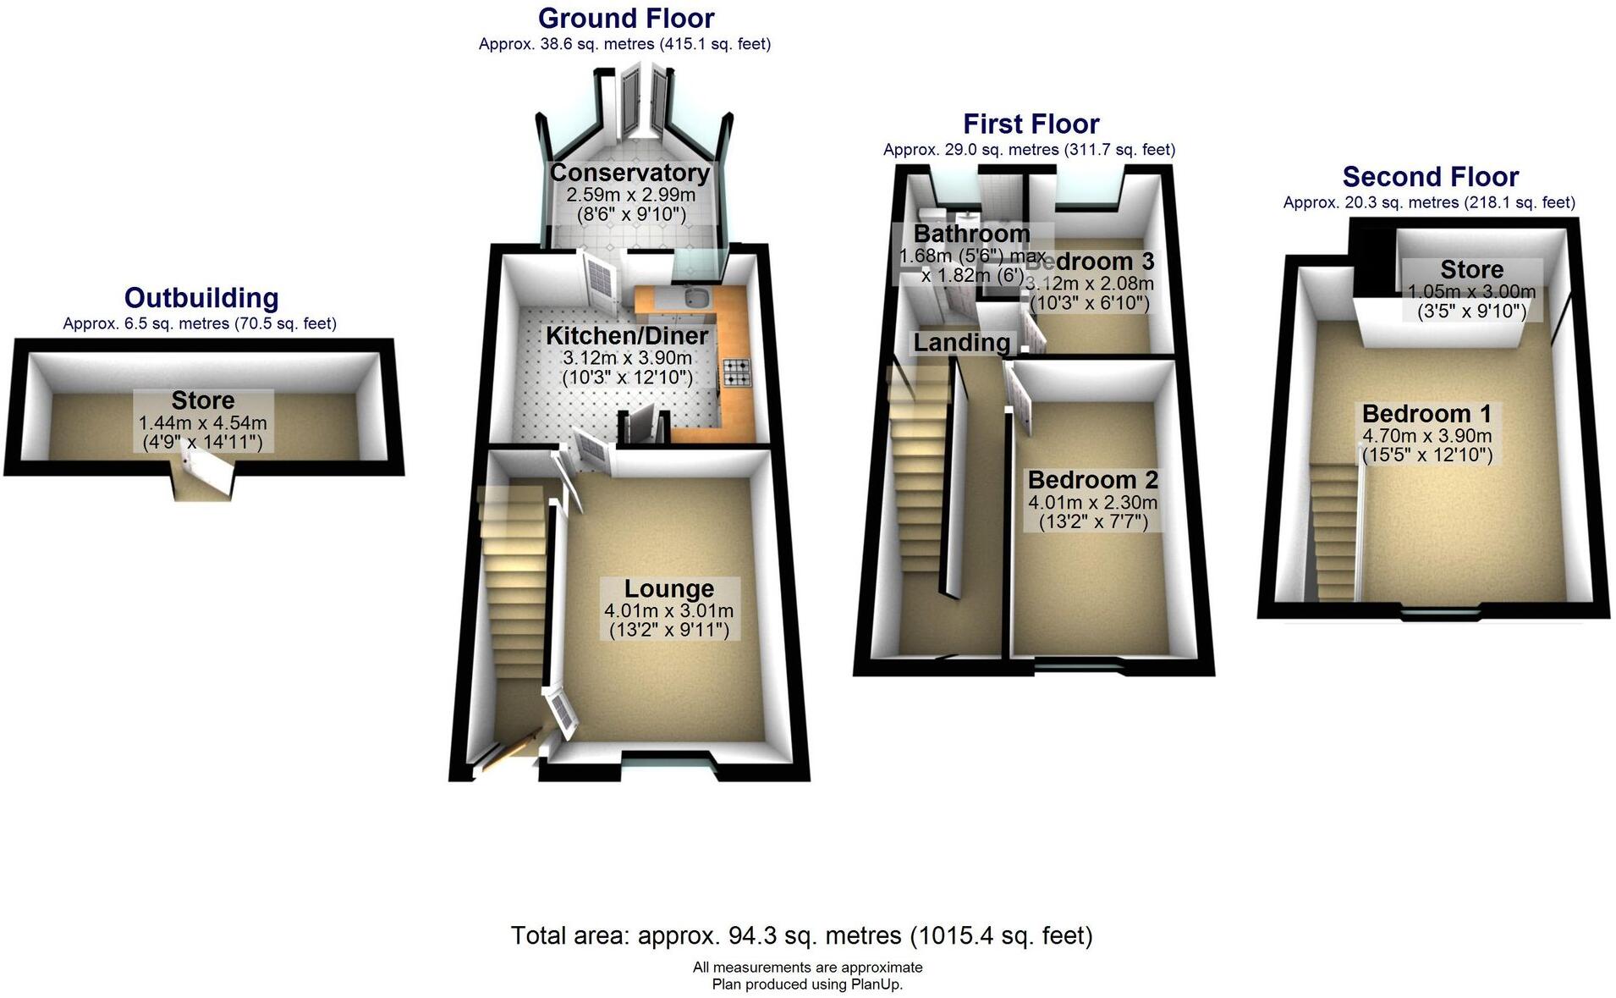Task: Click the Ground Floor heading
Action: tap(625, 18)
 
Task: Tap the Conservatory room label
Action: tap(629, 173)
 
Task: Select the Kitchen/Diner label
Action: tap(627, 335)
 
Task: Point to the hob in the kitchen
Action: tap(735, 373)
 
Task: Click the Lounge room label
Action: tap(668, 588)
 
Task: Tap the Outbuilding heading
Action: tap(201, 298)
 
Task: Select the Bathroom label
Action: tap(971, 233)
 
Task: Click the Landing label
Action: tap(961, 342)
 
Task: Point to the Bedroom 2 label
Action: tap(1092, 480)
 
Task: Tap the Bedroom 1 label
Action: tap(1426, 414)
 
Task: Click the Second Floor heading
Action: tap(1430, 177)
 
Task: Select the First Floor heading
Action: tap(1031, 124)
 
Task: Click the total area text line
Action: tap(801, 935)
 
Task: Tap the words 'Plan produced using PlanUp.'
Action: tap(807, 984)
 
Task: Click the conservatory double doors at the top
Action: tap(642, 103)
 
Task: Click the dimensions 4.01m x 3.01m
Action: tap(668, 611)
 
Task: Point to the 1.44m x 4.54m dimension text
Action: tap(202, 422)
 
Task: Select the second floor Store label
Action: tap(1471, 270)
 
